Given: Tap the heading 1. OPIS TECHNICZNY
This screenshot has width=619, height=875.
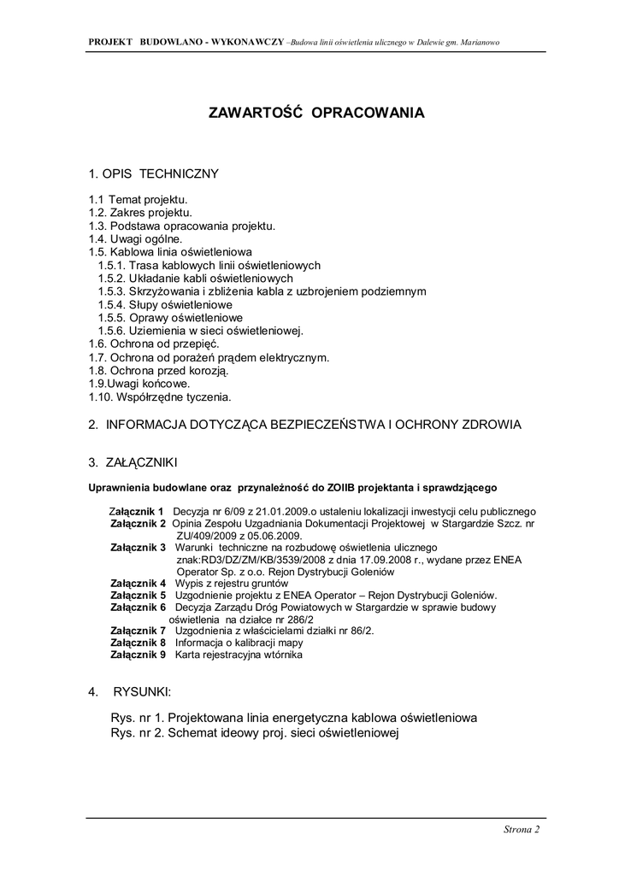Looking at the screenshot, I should pos(153,174).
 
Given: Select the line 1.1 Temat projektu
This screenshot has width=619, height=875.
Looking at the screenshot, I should pos(138,199).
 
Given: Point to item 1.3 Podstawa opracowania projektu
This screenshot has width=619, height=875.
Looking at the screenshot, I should pos(182,226).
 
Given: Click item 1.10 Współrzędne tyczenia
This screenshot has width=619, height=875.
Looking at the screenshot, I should pos(160,396).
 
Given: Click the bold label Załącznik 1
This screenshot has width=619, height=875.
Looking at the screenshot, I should pos(137,511).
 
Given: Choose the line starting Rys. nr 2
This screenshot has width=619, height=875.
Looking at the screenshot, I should pos(255,733).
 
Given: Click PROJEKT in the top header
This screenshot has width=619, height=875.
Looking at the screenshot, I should pos(109,42).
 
